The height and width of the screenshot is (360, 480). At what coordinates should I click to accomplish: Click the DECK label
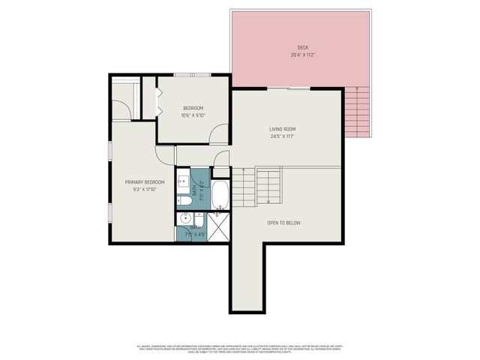302,47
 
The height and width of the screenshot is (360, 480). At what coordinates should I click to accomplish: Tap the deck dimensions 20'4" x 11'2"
302,55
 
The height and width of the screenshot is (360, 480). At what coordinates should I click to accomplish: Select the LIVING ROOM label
283,130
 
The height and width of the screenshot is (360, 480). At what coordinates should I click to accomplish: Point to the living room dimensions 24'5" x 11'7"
283,137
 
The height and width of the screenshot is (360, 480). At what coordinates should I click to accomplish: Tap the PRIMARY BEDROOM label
145,182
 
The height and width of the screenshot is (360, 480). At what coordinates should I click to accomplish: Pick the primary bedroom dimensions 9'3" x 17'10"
145,190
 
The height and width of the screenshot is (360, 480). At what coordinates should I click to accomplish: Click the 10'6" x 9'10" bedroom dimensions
193,115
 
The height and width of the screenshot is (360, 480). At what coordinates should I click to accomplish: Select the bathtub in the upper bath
220,194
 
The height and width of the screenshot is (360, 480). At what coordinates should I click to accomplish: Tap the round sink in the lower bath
184,219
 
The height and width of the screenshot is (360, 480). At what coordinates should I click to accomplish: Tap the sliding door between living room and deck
289,88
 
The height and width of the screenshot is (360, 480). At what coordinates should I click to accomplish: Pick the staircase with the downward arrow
268,185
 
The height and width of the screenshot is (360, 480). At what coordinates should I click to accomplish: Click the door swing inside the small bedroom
218,135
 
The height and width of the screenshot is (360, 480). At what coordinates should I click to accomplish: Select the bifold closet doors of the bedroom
158,101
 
